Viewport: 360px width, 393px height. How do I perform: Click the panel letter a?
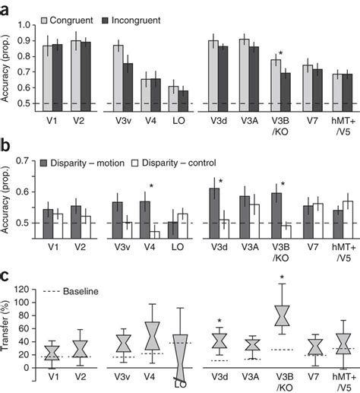tap(7, 9)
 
